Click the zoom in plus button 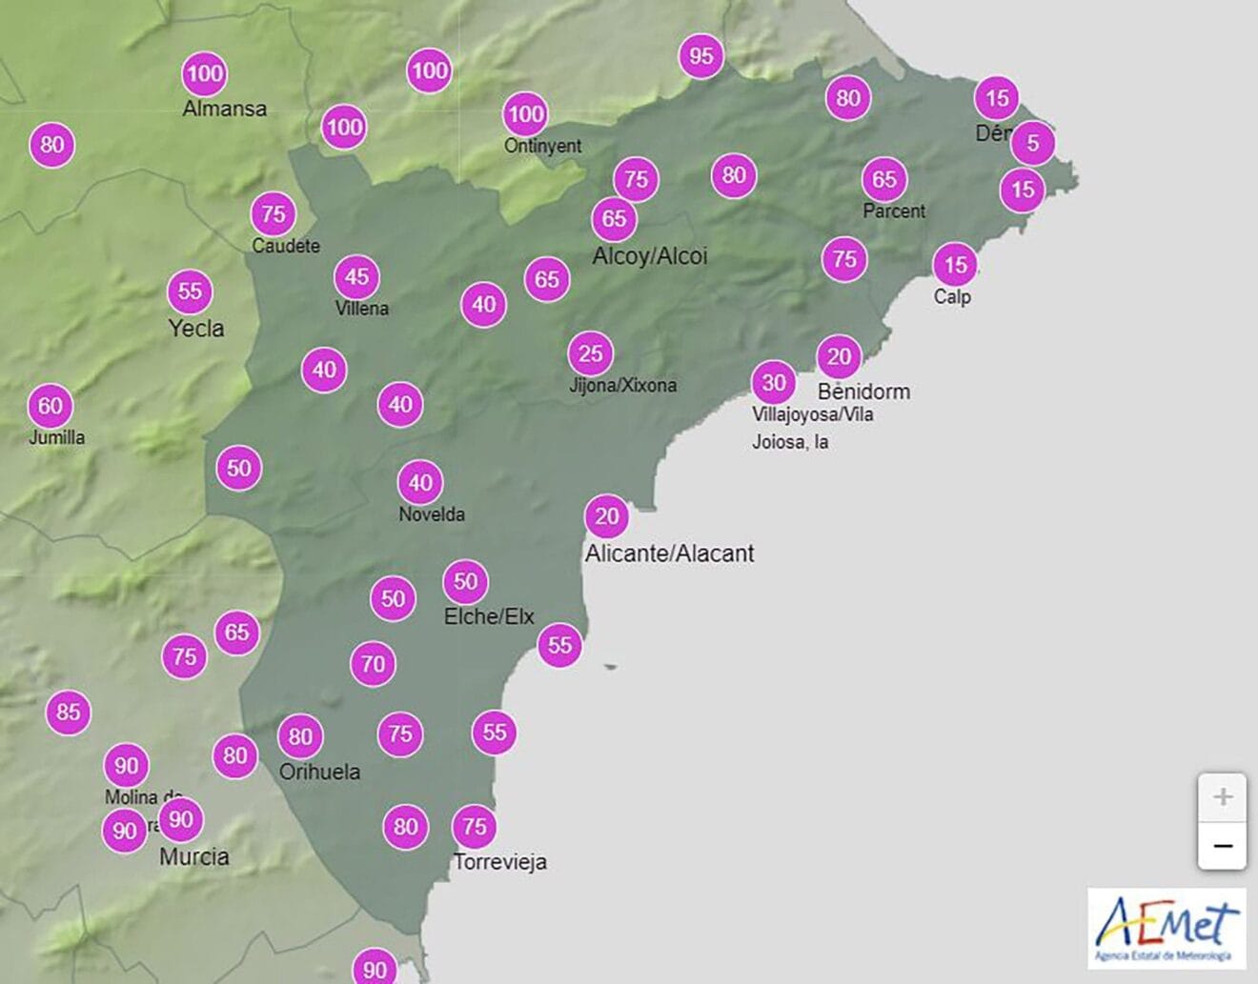tap(1223, 797)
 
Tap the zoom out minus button tap(1223, 846)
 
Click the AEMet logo tap(1167, 928)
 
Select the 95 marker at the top tap(701, 56)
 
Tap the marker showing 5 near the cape tap(1032, 144)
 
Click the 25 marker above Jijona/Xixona tap(591, 354)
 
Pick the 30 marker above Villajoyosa tap(774, 383)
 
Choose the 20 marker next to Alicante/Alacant tap(607, 517)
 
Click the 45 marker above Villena tap(357, 277)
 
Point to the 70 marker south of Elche tap(374, 664)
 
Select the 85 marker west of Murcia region tap(69, 712)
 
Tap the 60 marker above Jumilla tap(51, 407)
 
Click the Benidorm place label tap(863, 392)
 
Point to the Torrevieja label tap(500, 862)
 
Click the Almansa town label tap(225, 109)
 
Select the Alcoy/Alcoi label tap(650, 256)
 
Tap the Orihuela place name tap(319, 772)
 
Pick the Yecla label tap(196, 329)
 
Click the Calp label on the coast tap(952, 297)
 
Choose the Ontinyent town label tap(542, 146)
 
